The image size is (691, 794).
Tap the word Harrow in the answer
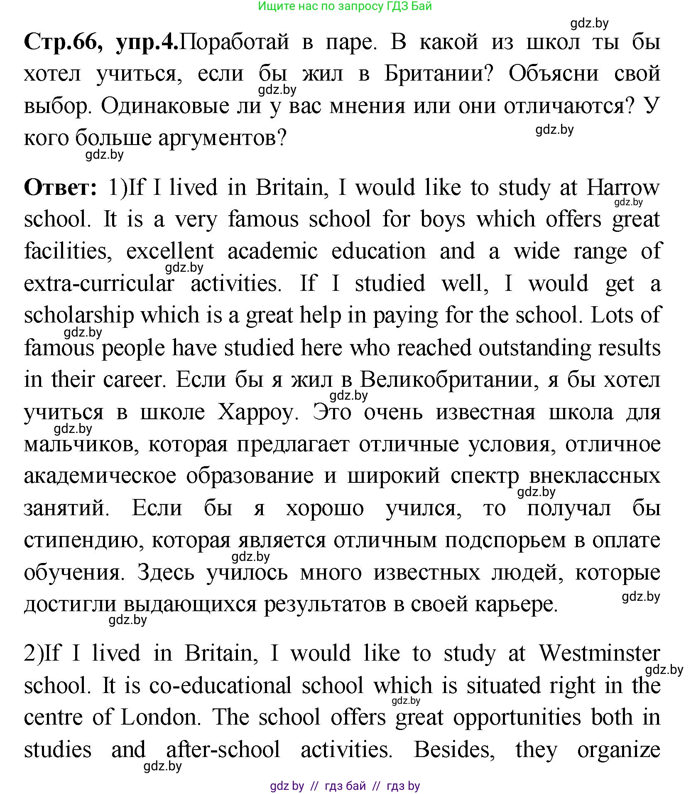(x=622, y=187)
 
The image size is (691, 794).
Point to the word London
(x=159, y=717)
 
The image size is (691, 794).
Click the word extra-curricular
(x=99, y=283)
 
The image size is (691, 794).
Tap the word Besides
(x=454, y=750)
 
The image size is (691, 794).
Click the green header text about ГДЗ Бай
(x=345, y=6)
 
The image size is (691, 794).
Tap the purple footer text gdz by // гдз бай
(x=345, y=786)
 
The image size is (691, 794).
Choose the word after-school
(x=223, y=750)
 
